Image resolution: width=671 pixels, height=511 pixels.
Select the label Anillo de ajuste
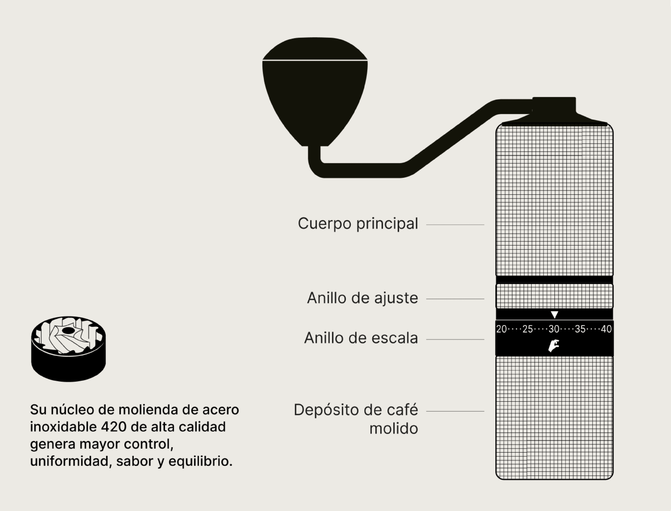(362, 298)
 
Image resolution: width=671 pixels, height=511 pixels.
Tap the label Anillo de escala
(361, 338)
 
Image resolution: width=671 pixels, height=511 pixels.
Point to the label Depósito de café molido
(356, 419)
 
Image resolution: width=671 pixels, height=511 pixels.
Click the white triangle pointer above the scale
(554, 314)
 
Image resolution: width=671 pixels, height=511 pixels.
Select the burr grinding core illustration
(68, 349)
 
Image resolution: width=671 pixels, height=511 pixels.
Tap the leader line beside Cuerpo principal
(455, 225)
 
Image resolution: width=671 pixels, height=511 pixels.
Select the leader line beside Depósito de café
(455, 411)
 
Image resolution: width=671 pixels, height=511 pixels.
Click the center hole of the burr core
(68, 331)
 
